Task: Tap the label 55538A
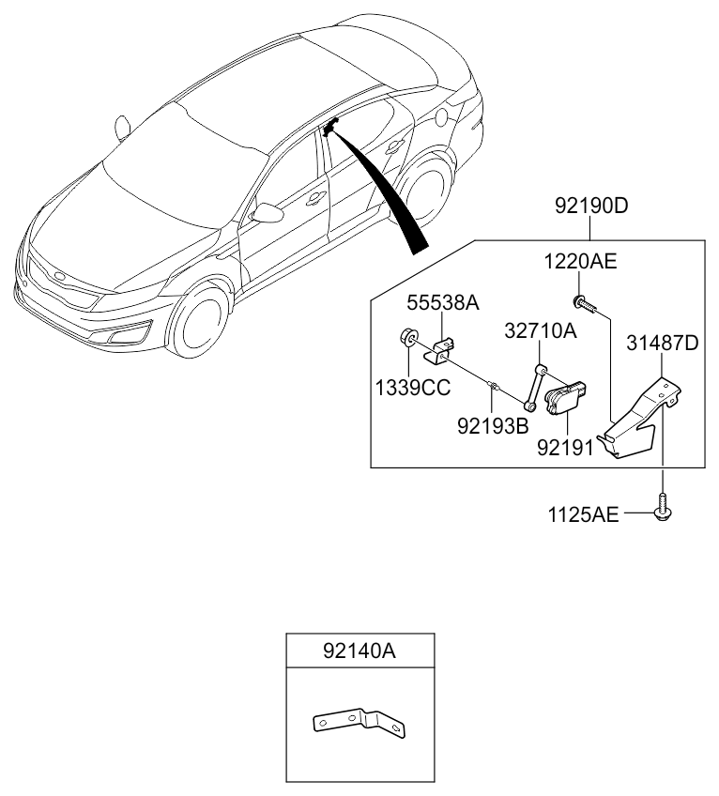click(443, 302)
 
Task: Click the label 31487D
click(663, 344)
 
